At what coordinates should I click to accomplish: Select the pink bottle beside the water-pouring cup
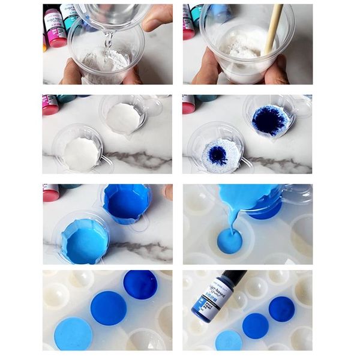[x=56, y=27]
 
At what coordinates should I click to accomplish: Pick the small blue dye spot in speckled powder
[x=217, y=155]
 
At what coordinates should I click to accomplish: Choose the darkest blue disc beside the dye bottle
[x=281, y=308]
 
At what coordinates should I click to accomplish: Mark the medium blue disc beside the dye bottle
[x=256, y=325]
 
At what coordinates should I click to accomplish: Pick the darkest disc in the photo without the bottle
[x=140, y=284]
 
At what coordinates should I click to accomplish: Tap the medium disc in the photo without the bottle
[x=109, y=308]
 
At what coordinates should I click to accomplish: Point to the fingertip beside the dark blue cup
[x=167, y=192]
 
